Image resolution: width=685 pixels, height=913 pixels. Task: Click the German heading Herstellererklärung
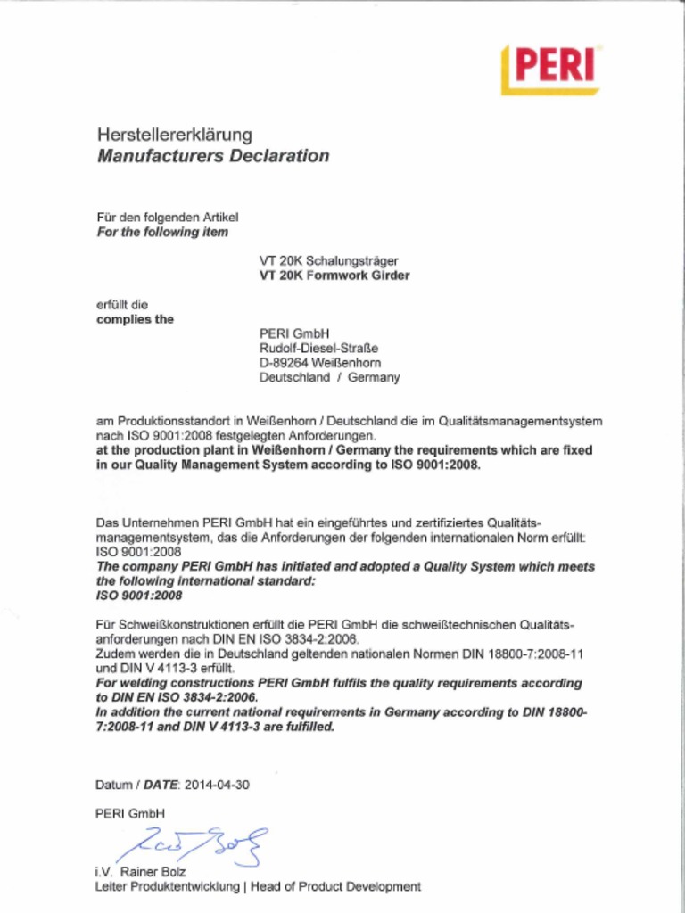coord(175,136)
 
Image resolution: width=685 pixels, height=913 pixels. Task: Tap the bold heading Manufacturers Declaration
coord(212,156)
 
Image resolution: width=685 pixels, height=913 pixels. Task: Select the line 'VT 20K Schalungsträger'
coord(328,261)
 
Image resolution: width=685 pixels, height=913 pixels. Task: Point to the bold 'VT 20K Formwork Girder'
coord(334,276)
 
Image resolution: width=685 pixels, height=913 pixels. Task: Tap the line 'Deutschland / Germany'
coord(329,377)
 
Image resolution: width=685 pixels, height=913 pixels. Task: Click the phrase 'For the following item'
coord(162,232)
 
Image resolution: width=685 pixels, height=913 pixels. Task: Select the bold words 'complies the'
coord(135,319)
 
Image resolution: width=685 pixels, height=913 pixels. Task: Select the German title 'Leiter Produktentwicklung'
coord(167,886)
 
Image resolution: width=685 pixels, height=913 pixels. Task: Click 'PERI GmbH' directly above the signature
coord(130,813)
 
